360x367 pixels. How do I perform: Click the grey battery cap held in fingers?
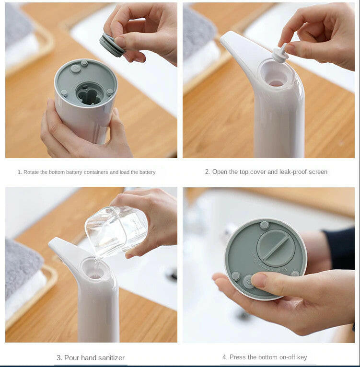[x=112, y=46]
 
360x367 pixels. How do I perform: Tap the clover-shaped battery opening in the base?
[x=89, y=96]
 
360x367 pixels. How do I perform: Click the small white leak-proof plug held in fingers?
[x=280, y=54]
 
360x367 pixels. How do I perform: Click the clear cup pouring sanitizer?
[x=116, y=231]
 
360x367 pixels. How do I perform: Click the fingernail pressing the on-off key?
[x=258, y=280]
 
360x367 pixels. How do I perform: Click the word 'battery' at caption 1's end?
[x=147, y=172]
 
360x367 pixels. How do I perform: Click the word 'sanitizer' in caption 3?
[x=111, y=358]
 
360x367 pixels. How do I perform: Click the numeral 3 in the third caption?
[x=58, y=358]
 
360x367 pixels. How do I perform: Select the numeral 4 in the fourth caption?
[x=224, y=357]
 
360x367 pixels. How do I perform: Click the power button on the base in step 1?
[x=76, y=69]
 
